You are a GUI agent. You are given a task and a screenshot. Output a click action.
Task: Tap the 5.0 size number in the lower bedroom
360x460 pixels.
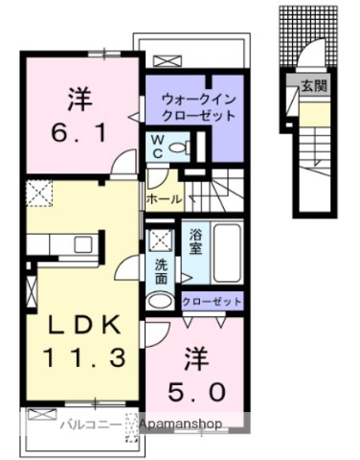(x=200, y=392)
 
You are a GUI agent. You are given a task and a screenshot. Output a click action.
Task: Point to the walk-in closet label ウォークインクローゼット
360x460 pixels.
(x=191, y=106)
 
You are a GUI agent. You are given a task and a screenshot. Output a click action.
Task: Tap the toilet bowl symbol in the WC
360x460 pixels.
(x=186, y=148)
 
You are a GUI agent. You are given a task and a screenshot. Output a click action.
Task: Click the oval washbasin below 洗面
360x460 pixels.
(x=163, y=300)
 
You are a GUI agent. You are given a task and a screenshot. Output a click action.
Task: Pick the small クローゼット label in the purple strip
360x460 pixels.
(x=213, y=301)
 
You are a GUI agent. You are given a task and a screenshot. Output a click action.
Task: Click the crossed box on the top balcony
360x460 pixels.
(x=172, y=60)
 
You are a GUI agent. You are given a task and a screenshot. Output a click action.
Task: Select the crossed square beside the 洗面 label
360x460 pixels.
(x=160, y=238)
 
